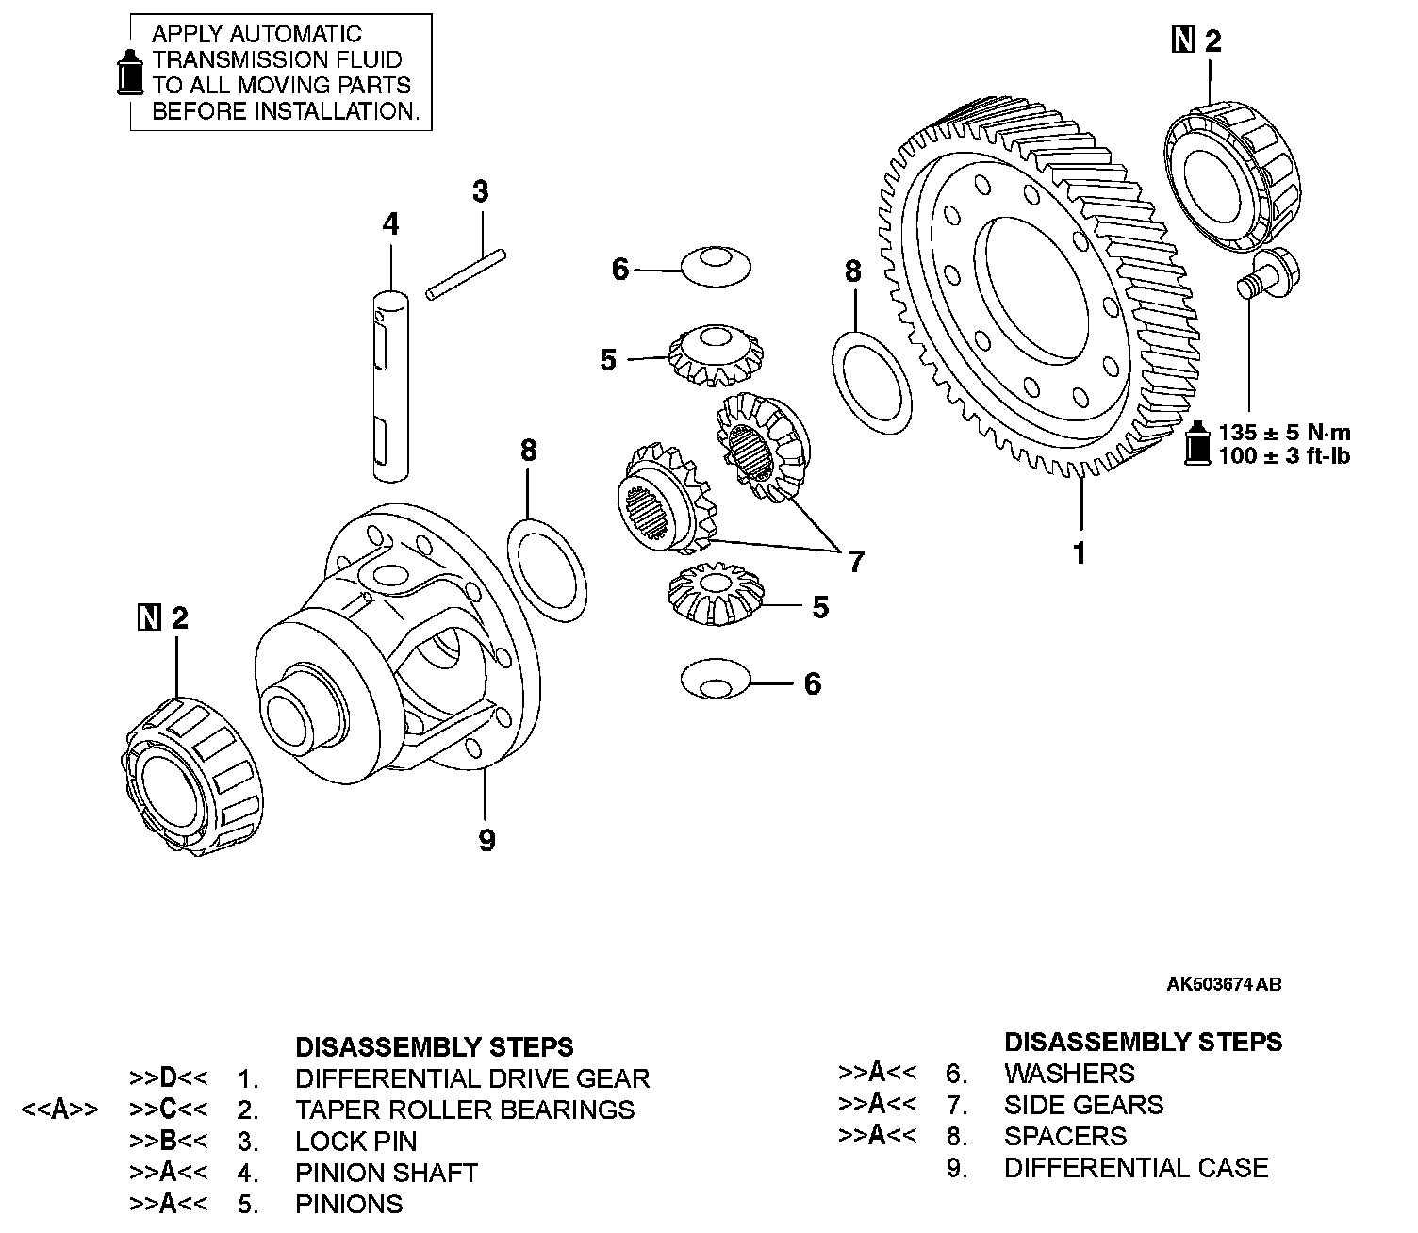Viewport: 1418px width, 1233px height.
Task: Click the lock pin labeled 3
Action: (466, 274)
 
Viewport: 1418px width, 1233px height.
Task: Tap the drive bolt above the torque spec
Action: (1264, 270)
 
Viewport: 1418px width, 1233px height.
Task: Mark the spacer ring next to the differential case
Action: (548, 569)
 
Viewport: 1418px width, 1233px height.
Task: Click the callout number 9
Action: (486, 840)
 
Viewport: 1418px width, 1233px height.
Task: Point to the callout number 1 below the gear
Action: (1080, 552)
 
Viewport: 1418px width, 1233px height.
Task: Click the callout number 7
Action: (855, 562)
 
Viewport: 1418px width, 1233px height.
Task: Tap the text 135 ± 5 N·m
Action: (1284, 433)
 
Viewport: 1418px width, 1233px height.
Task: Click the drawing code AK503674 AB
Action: (1224, 985)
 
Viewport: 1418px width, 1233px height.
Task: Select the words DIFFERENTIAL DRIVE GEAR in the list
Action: (472, 1078)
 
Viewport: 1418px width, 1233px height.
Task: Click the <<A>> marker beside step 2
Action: (59, 1110)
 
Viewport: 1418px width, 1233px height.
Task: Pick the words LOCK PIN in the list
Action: (355, 1142)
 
